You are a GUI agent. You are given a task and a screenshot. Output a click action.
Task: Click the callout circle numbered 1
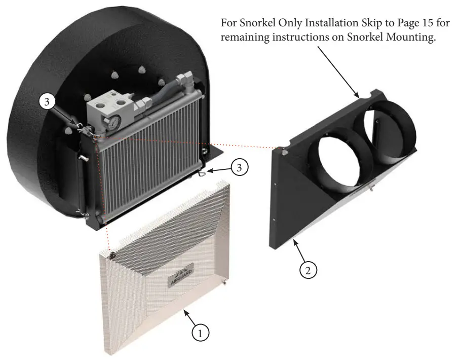pyautogui.click(x=201, y=334)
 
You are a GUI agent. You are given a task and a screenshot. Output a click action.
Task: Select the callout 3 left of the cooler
pyautogui.click(x=47, y=102)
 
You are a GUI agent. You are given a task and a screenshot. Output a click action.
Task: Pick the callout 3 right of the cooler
pyautogui.click(x=240, y=166)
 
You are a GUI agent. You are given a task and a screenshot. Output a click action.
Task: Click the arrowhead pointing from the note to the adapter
pyautogui.click(x=359, y=96)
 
